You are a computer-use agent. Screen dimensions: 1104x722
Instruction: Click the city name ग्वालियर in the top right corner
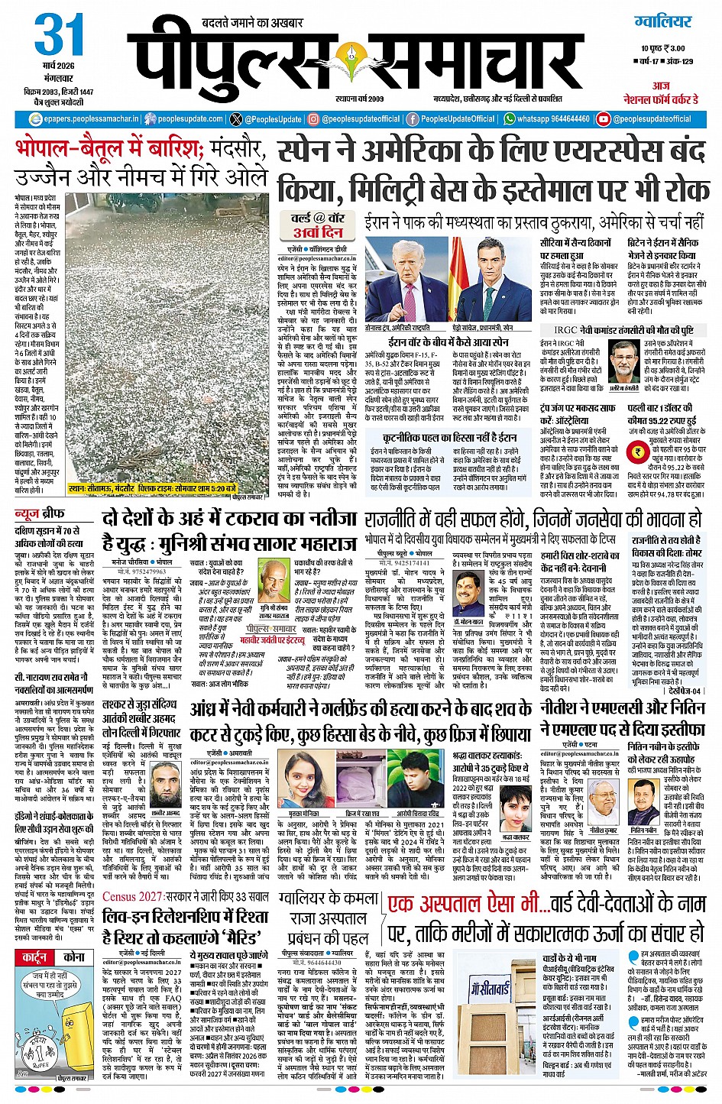(662, 21)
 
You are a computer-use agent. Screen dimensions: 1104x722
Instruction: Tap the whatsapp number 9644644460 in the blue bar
(552, 119)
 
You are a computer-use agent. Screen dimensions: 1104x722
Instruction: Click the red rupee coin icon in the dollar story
(636, 453)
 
